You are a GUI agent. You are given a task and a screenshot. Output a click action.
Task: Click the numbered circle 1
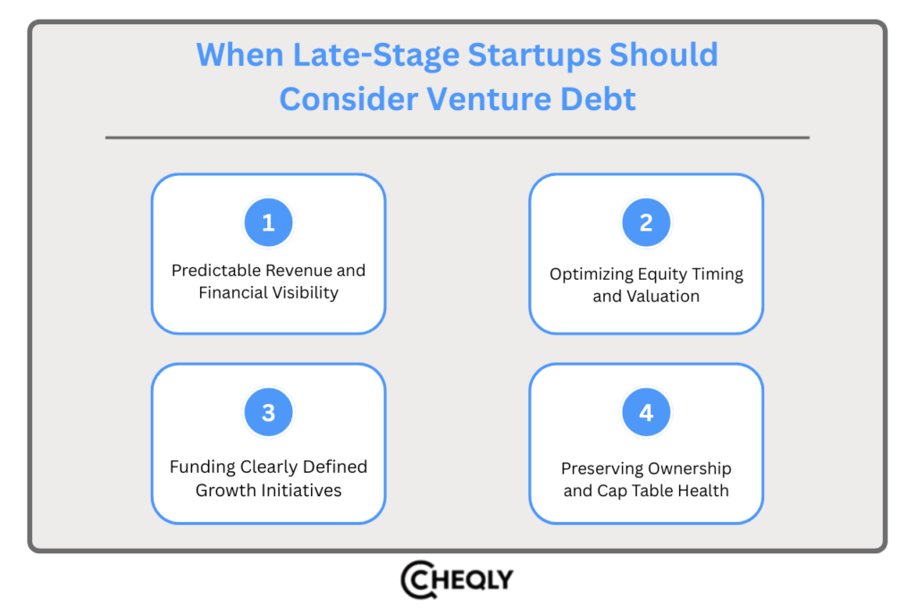pyautogui.click(x=268, y=223)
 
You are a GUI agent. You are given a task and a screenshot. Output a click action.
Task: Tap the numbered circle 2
pyautogui.click(x=646, y=223)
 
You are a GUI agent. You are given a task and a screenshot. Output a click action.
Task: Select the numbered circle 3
pyautogui.click(x=268, y=412)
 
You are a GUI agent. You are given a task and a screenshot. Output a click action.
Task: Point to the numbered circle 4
pyautogui.click(x=646, y=412)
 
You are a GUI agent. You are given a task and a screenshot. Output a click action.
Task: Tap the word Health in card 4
pyautogui.click(x=703, y=491)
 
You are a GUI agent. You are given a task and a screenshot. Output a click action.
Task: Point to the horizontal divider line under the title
pyautogui.click(x=457, y=138)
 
